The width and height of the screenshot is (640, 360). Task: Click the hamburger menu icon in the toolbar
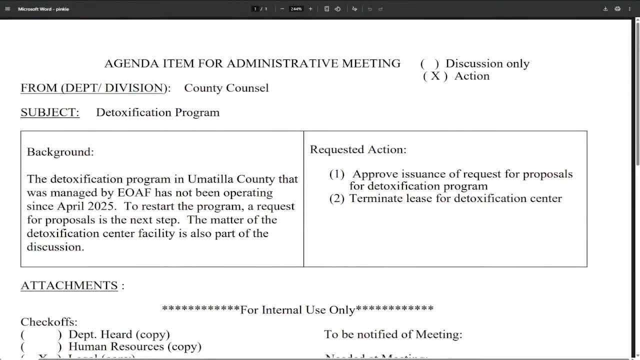coord(7,9)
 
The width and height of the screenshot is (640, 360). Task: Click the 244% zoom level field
coord(296,9)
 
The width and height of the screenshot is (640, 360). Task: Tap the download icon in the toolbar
coord(605,9)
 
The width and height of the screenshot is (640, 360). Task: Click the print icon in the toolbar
coord(617,9)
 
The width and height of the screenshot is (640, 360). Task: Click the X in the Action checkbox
coord(435,76)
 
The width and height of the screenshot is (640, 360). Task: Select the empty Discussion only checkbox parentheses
coord(429,64)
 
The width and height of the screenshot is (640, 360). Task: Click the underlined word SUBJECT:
coord(50,112)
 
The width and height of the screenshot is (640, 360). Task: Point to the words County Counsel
coord(226,88)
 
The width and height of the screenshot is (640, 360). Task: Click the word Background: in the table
coord(60,152)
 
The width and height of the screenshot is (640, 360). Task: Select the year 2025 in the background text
coord(101,206)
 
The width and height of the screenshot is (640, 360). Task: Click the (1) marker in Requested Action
coord(337,174)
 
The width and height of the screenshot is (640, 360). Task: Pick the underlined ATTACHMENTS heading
coord(69,285)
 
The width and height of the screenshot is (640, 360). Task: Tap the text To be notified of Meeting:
coord(393,334)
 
